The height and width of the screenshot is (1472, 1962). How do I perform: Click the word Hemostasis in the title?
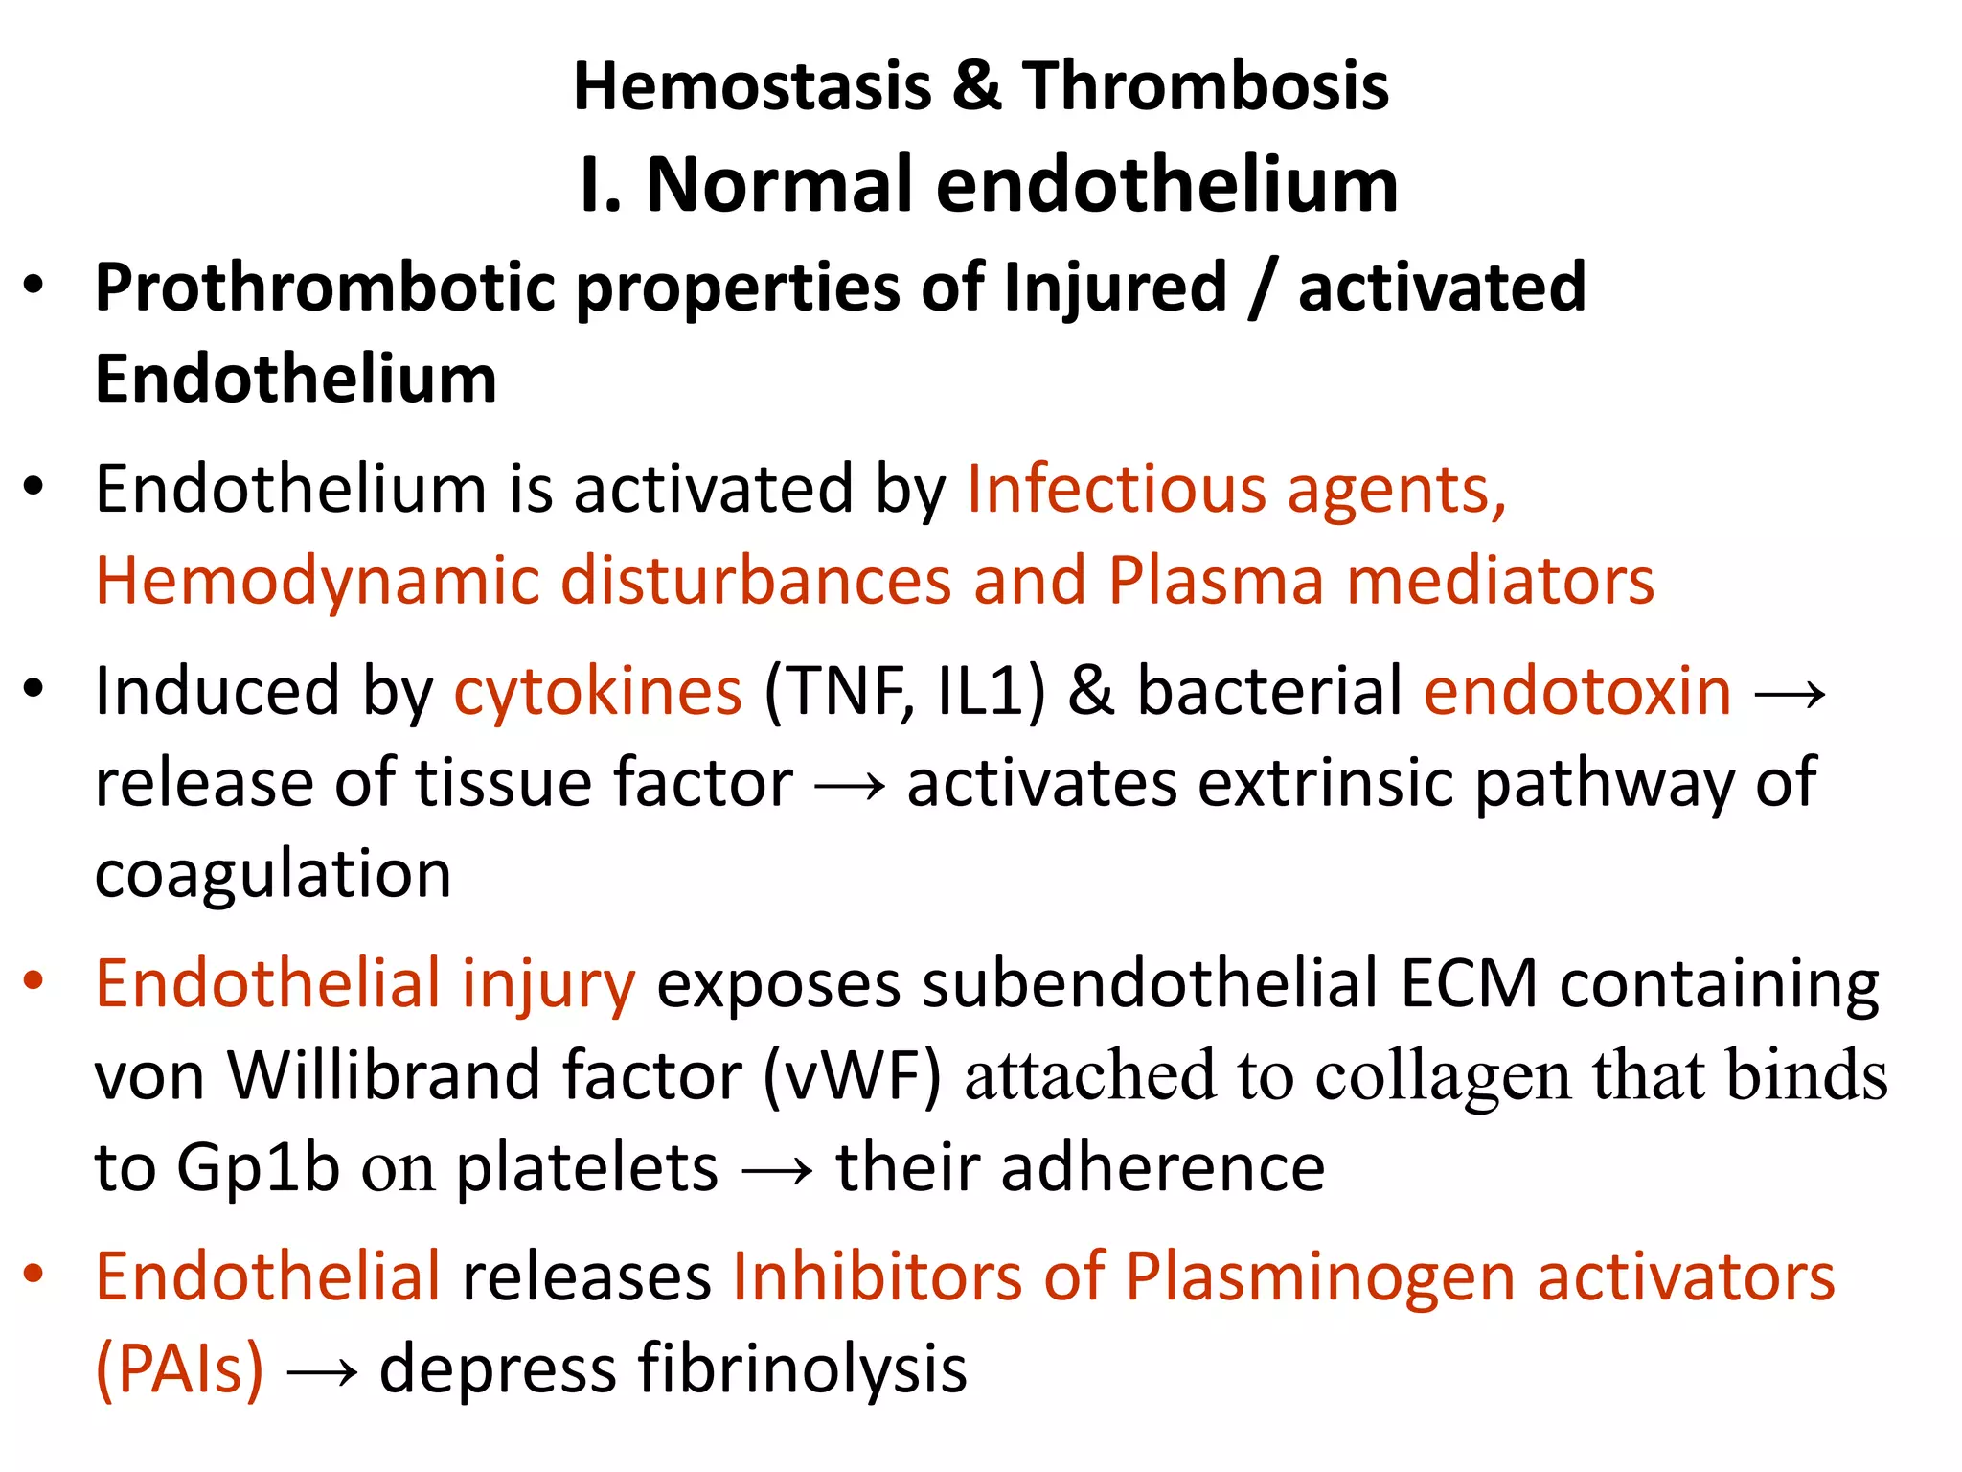tap(752, 86)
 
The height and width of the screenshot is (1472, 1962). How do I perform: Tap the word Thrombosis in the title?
tap(1205, 86)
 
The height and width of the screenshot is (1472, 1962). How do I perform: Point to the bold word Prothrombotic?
tap(325, 287)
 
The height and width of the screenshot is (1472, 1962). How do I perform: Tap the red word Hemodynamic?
tap(316, 581)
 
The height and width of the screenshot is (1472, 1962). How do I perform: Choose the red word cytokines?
tap(597, 691)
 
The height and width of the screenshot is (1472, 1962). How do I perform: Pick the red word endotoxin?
tap(1577, 691)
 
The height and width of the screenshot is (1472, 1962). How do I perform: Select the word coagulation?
tap(273, 874)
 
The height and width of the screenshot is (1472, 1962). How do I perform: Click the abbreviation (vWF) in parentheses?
tap(852, 1076)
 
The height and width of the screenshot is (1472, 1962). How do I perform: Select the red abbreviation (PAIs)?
tap(179, 1369)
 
